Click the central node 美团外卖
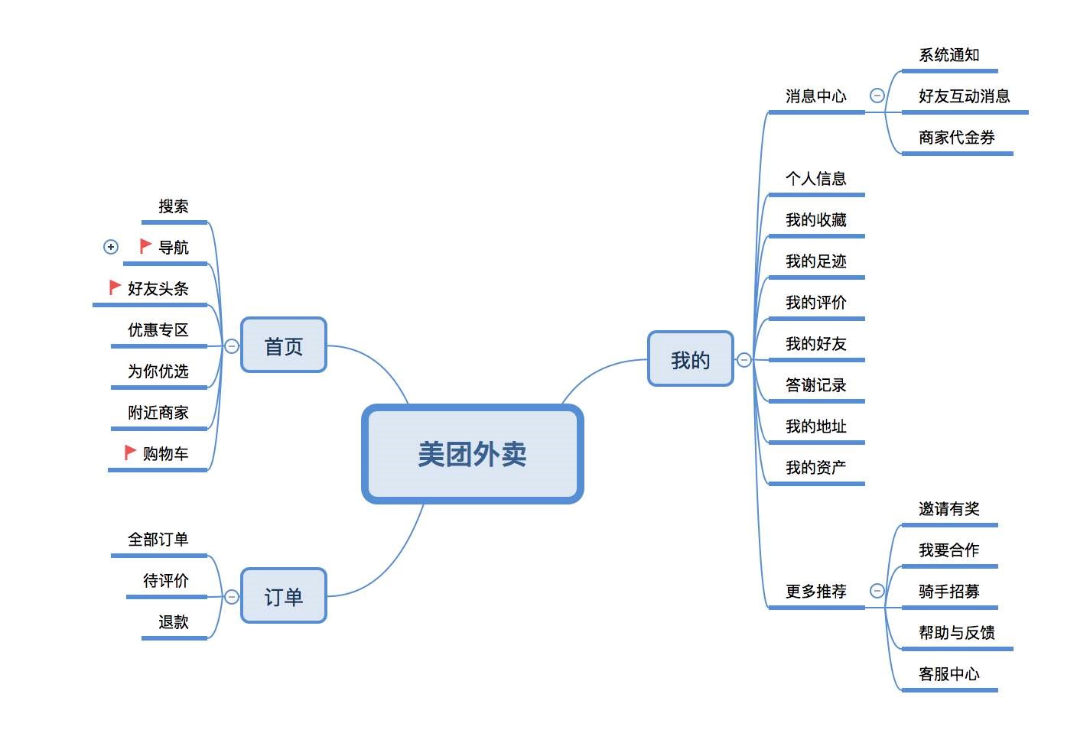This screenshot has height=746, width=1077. [x=472, y=454]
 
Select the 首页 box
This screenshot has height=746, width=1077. [x=284, y=345]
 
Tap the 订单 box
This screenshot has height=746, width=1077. [x=284, y=596]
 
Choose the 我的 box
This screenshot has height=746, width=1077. [x=690, y=359]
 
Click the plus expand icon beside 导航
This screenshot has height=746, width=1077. [x=111, y=247]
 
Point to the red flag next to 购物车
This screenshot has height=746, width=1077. [x=130, y=452]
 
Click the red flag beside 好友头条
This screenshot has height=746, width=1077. [x=115, y=287]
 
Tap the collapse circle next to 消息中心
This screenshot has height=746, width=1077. [x=877, y=96]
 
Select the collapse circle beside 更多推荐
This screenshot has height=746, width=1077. [x=877, y=591]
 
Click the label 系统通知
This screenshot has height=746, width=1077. [x=948, y=55]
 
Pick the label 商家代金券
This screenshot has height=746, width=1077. [x=956, y=138]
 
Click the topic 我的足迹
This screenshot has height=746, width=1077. [x=815, y=261]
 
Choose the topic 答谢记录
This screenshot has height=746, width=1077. [x=815, y=385]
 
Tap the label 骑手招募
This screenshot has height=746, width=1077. [x=948, y=592]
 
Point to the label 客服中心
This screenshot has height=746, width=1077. [x=948, y=674]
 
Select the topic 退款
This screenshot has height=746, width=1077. [x=174, y=622]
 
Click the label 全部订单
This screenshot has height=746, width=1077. [x=158, y=540]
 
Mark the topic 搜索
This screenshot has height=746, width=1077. [x=174, y=206]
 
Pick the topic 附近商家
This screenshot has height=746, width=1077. [x=158, y=413]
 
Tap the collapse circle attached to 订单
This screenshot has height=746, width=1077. [x=232, y=596]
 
